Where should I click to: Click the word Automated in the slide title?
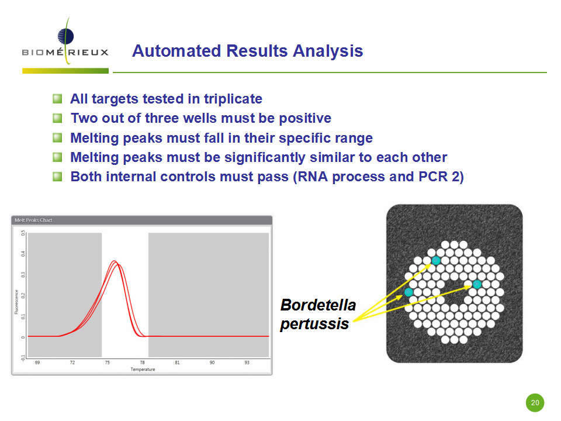point(176,51)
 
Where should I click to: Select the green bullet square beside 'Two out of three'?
point(57,118)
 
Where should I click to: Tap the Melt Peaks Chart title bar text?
point(33,220)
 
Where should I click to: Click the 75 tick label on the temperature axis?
point(108,363)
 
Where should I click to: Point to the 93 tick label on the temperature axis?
point(247,363)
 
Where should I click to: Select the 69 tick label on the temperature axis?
point(37,363)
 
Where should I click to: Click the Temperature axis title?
point(143,370)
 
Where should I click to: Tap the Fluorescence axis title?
point(16,302)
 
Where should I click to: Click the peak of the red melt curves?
point(114,261)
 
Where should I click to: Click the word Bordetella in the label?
point(318,305)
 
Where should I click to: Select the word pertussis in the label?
point(314,324)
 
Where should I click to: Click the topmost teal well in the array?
point(436,260)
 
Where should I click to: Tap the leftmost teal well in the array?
point(408,292)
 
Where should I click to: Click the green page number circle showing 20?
point(535,403)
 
